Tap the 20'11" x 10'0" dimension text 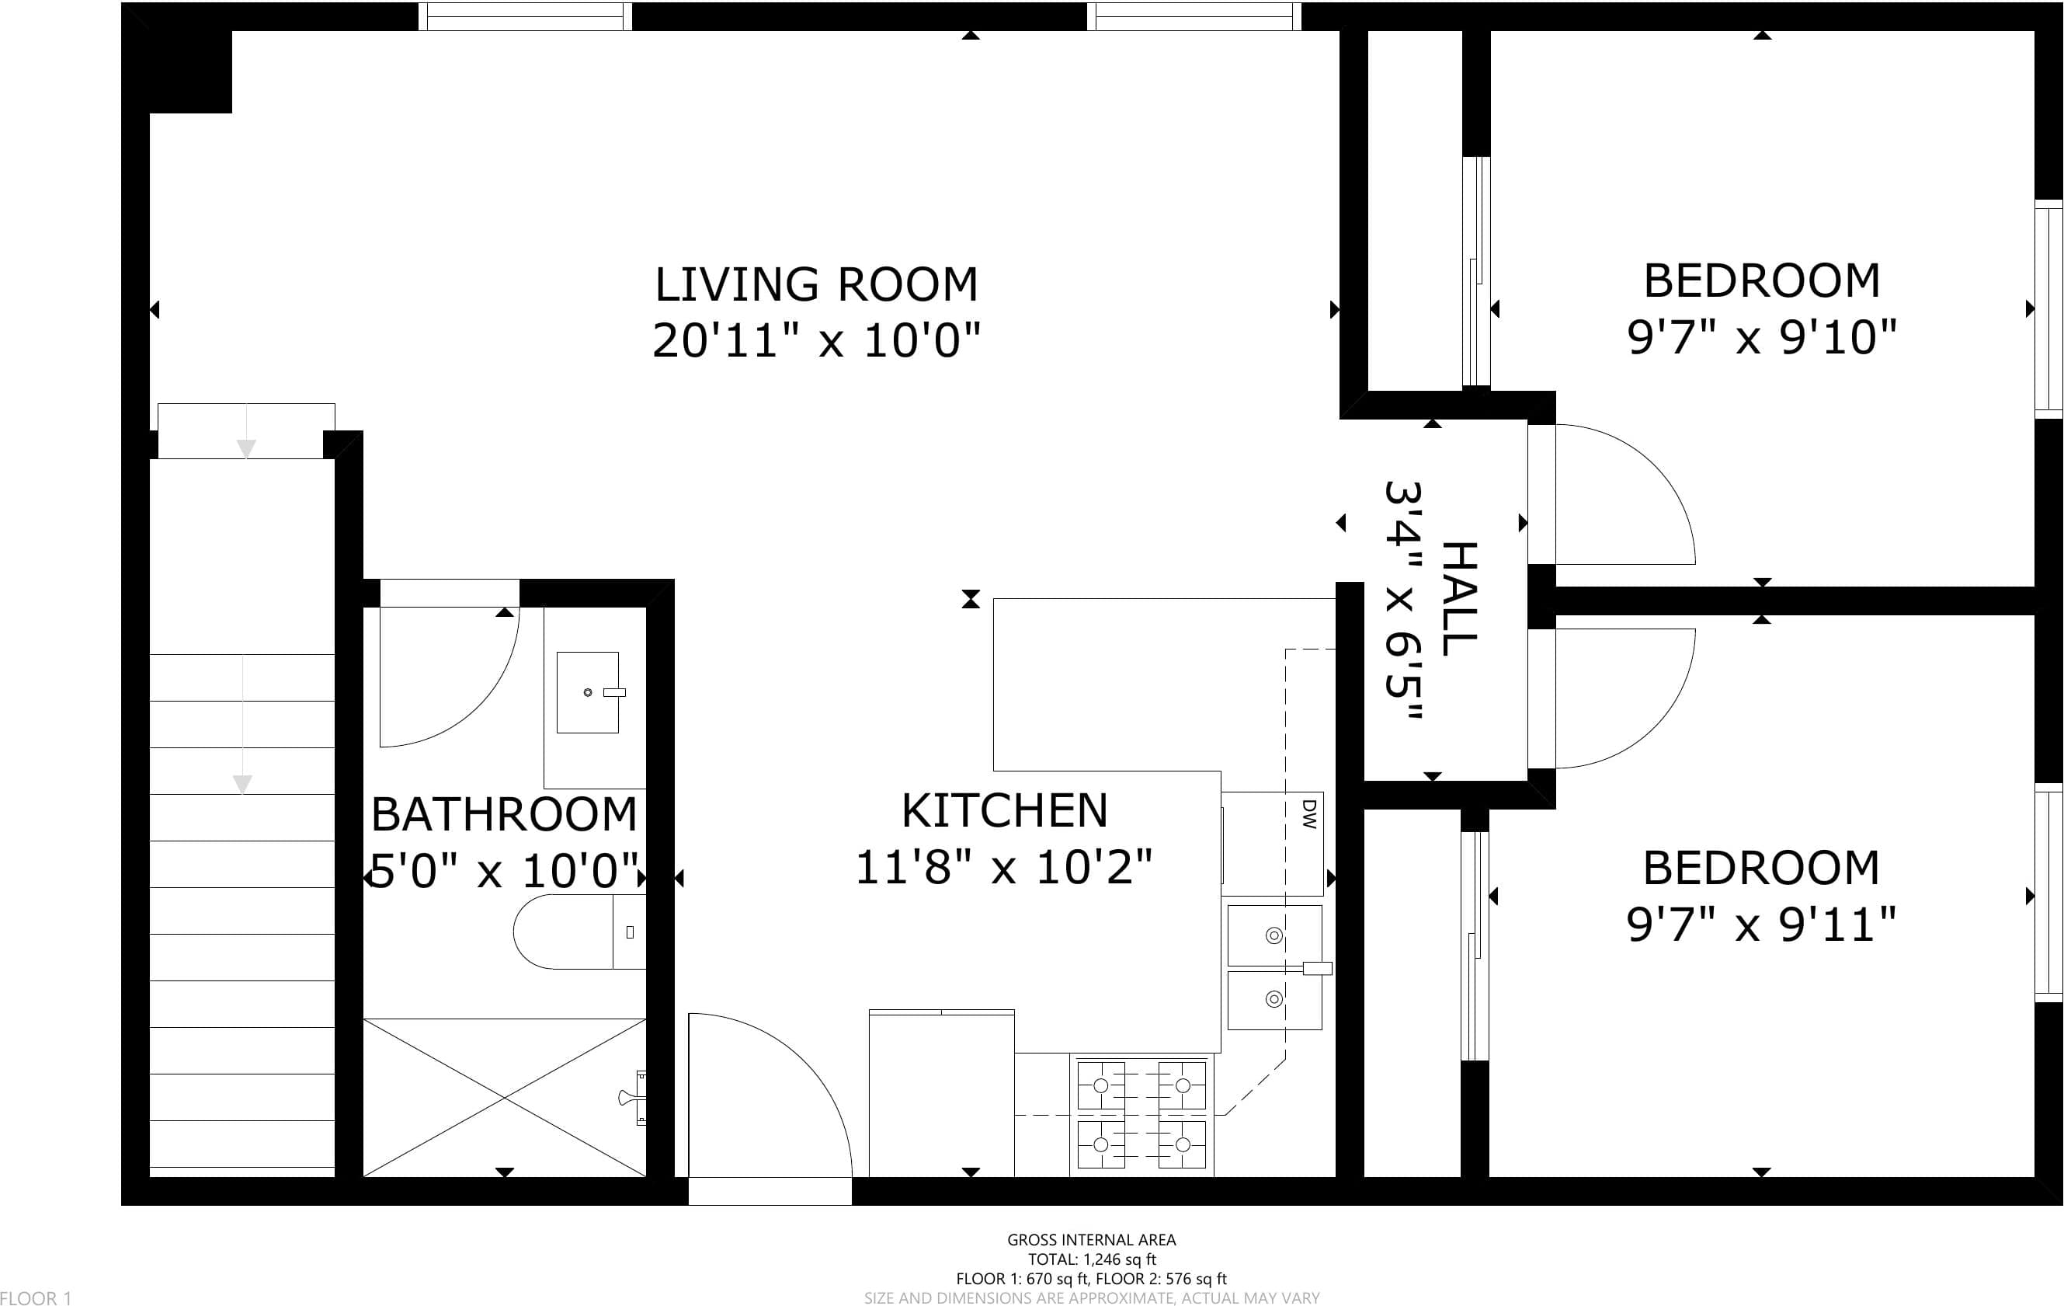click(816, 340)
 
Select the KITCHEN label click(1005, 810)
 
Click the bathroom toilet click(579, 932)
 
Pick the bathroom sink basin click(588, 692)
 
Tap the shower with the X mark click(505, 1098)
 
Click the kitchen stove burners click(1141, 1115)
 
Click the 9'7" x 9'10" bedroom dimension click(1761, 337)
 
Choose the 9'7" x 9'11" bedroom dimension click(1761, 925)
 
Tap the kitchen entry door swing click(806, 1064)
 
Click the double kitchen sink click(1274, 967)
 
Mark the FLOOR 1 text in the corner click(36, 1297)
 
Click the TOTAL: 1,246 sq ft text click(1091, 1259)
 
